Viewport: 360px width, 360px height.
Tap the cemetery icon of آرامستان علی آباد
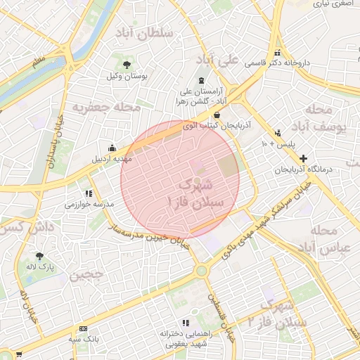click(202, 80)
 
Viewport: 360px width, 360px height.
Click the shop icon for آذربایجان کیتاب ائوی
click(217, 115)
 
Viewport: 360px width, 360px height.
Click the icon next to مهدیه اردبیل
click(112, 148)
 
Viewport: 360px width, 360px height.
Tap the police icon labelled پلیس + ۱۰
click(278, 133)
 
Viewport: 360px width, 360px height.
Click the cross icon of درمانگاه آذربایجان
click(303, 160)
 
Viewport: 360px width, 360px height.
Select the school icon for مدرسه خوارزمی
click(89, 193)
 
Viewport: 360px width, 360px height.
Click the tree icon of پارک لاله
click(39, 257)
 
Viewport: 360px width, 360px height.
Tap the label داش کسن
click(25, 228)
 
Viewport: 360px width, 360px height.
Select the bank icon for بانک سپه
click(84, 328)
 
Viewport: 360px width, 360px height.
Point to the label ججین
click(86, 274)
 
